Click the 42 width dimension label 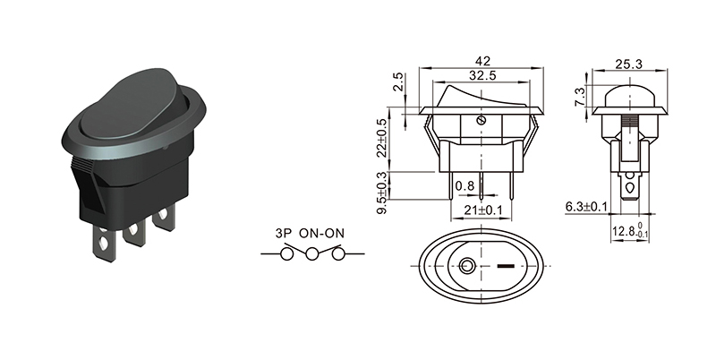pos(482,61)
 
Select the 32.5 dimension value pos(482,75)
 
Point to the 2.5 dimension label pos(398,82)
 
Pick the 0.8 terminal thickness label pos(465,185)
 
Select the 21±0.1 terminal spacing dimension pos(482,210)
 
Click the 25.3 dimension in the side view pos(628,64)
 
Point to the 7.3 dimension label pos(579,97)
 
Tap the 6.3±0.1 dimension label pos(586,207)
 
